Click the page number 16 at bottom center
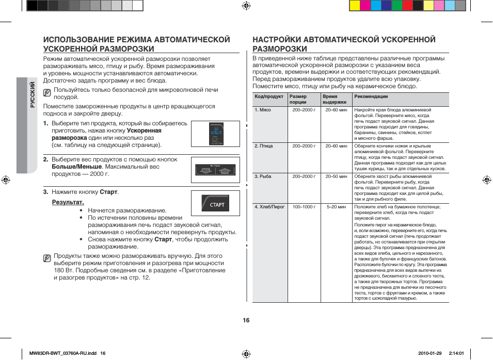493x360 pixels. pyautogui.click(x=246, y=320)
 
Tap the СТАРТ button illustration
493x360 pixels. pyautogui.click(x=216, y=204)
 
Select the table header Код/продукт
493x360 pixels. pyautogui.click(x=269, y=96)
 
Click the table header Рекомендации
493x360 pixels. pyautogui.click(x=371, y=96)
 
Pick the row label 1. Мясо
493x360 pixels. pyautogui.click(x=263, y=110)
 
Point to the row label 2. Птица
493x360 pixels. pyautogui.click(x=264, y=146)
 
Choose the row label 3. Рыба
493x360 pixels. pyautogui.click(x=263, y=176)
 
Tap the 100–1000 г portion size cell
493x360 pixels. pyautogui.click(x=304, y=207)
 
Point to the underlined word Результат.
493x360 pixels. pyautogui.click(x=68, y=202)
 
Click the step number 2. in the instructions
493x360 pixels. pyautogui.click(x=46, y=160)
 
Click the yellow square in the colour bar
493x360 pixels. pyautogui.click(x=355, y=6)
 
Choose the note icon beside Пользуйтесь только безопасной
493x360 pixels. pyautogui.click(x=47, y=93)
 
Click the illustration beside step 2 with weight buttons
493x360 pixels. pyautogui.click(x=215, y=170)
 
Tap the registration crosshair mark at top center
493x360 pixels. pyautogui.click(x=246, y=6)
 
